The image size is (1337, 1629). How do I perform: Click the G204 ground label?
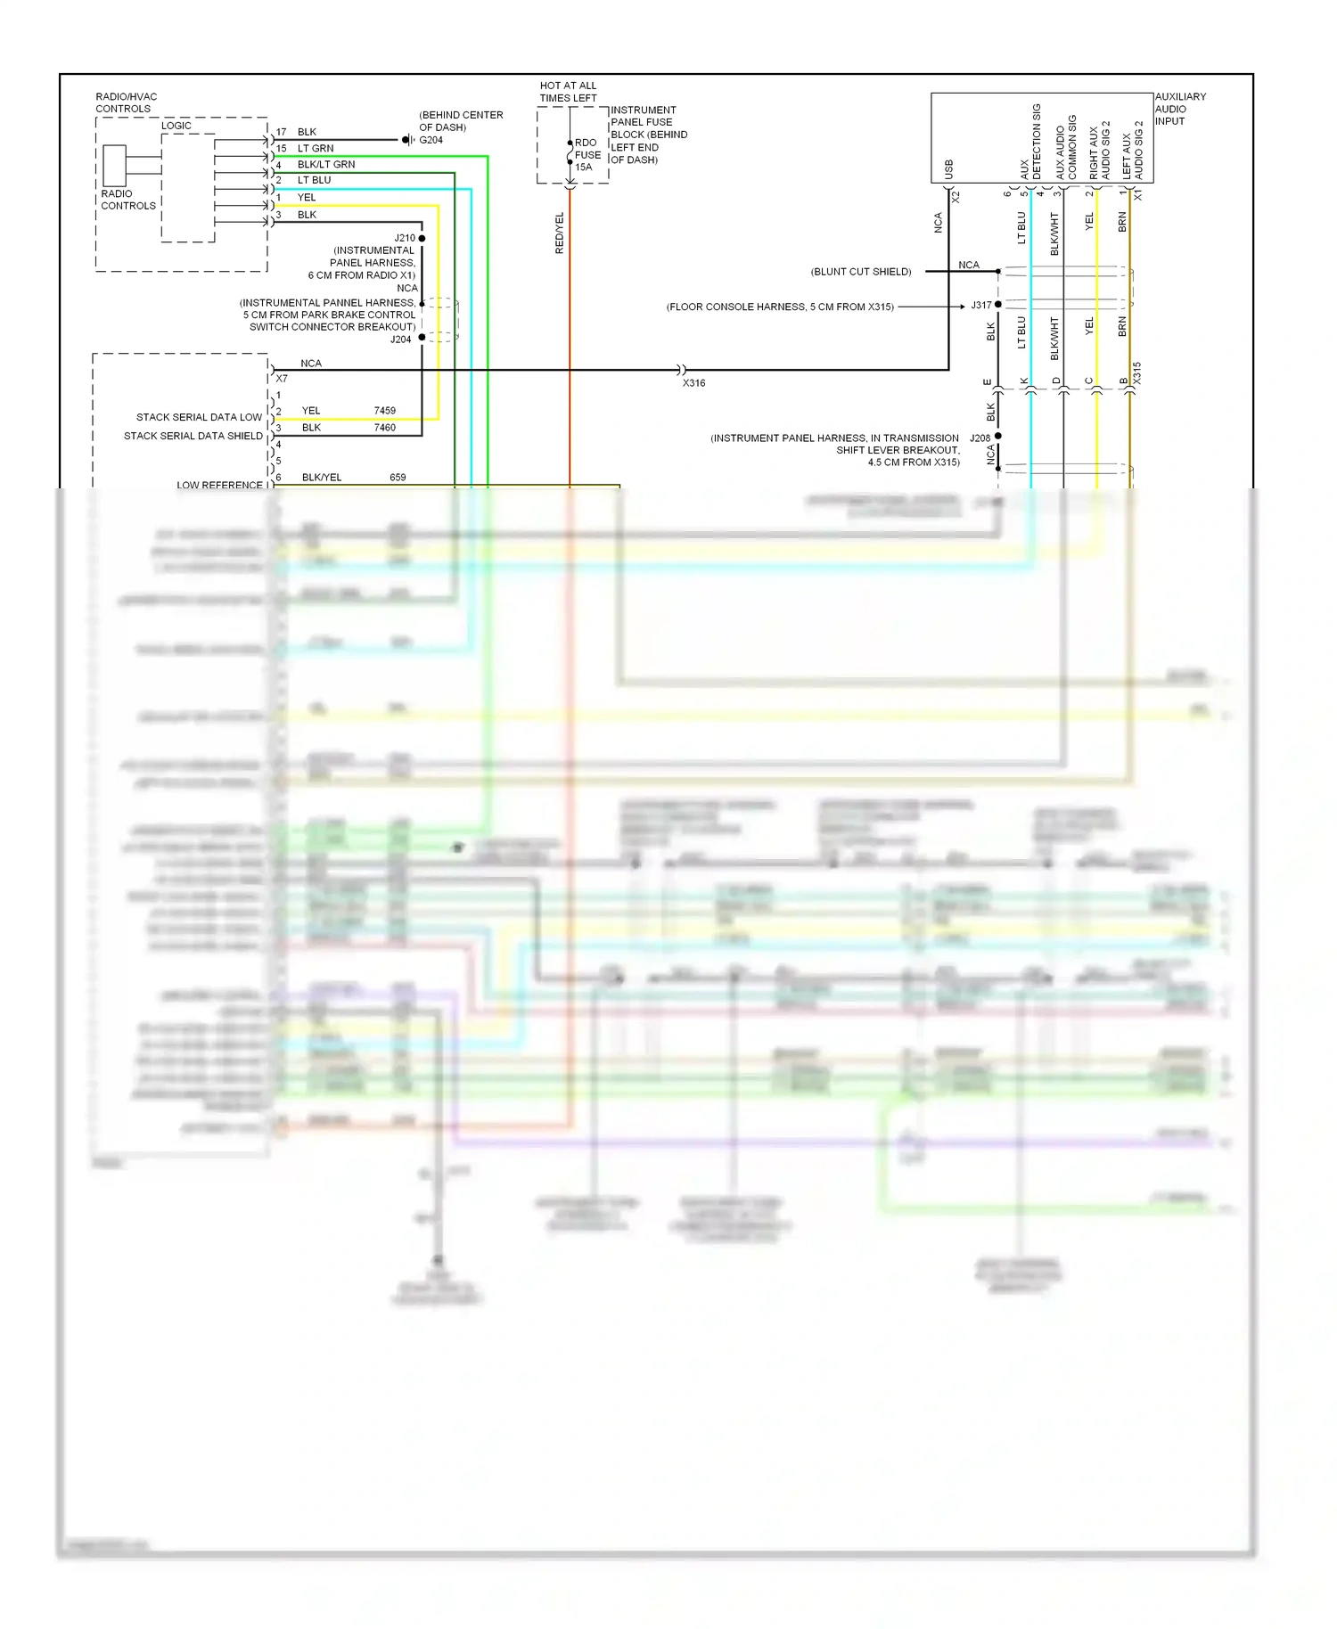click(431, 140)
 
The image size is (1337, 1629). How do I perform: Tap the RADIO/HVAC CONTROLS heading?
click(126, 102)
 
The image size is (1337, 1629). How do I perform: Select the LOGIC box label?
click(176, 126)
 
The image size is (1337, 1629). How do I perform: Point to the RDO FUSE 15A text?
click(586, 155)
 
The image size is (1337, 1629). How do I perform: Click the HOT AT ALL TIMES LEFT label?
click(568, 92)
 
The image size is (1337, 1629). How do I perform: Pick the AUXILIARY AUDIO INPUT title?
click(1179, 109)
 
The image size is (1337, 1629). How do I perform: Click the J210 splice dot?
click(422, 238)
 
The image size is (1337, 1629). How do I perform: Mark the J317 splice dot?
click(998, 305)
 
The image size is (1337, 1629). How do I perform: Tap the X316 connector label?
click(693, 383)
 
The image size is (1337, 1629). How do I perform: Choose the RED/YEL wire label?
click(560, 233)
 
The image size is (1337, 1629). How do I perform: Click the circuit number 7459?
click(385, 411)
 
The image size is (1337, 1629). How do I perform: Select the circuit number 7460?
click(385, 428)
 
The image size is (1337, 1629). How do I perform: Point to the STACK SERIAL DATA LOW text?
click(199, 417)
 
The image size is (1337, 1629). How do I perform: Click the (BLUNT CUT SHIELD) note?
click(861, 272)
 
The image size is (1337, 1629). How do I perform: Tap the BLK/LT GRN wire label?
click(326, 165)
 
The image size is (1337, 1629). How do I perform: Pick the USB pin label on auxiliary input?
click(948, 169)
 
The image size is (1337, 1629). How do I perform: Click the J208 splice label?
click(980, 438)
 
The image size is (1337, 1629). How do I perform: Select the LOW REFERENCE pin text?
click(219, 485)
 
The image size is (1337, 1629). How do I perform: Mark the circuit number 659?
click(398, 478)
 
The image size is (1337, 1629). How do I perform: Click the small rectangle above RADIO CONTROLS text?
click(114, 165)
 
